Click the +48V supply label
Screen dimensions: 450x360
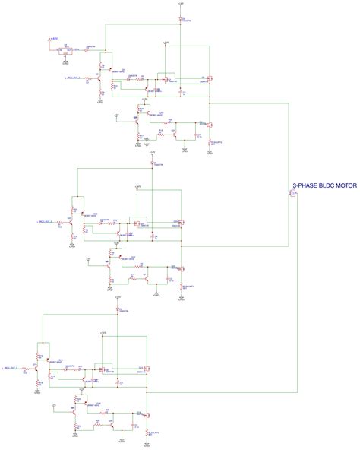pos(54,37)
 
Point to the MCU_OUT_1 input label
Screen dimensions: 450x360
pos(73,78)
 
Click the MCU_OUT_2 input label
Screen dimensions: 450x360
pos(46,222)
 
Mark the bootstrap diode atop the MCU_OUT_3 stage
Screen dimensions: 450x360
pos(118,310)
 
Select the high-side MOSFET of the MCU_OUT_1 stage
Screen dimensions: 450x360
pos(208,78)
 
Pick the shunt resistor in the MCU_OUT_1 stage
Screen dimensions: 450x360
pos(210,142)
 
